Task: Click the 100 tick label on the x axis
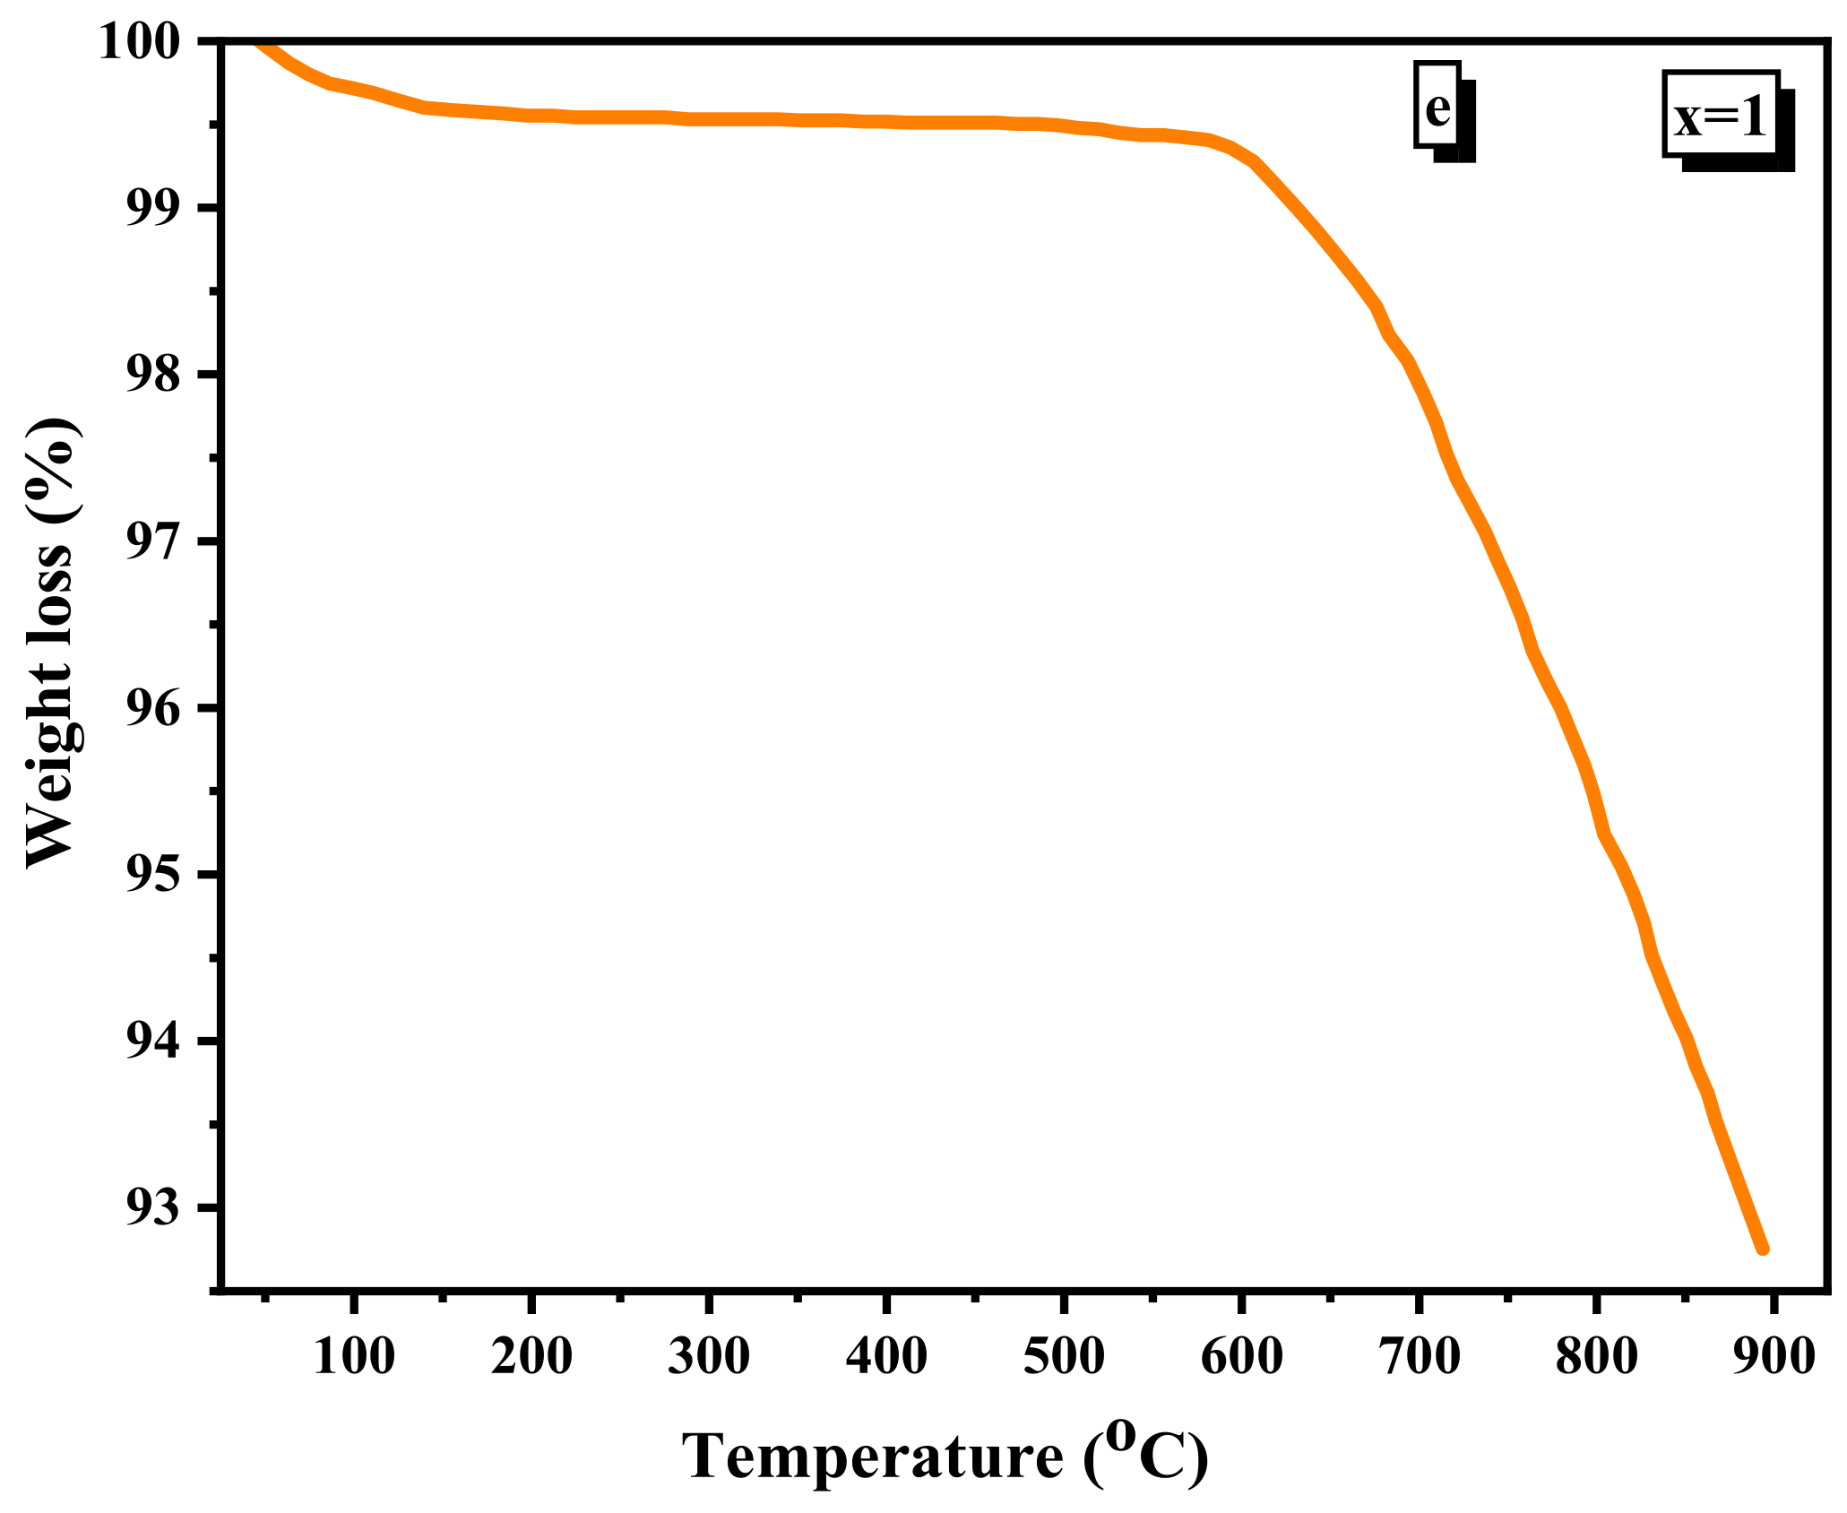[353, 1355]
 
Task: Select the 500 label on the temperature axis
[1064, 1355]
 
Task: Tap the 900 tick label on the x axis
[1774, 1355]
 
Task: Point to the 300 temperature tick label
[708, 1355]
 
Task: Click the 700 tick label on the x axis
[1420, 1355]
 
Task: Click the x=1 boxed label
[1720, 117]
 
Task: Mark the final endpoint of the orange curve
[1762, 1248]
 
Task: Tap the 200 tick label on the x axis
[531, 1355]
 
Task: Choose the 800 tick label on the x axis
[1596, 1355]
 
